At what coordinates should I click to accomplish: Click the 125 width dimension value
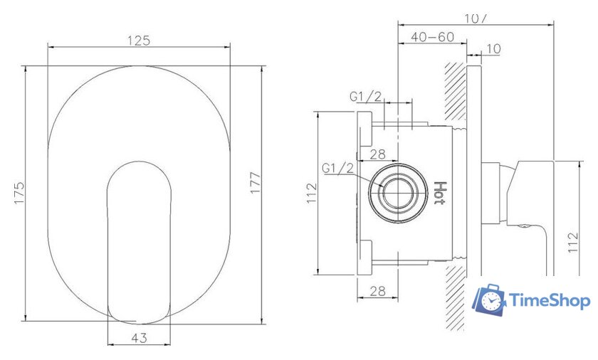click(139, 41)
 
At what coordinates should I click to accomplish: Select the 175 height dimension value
click(19, 194)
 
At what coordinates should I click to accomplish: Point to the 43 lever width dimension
click(139, 339)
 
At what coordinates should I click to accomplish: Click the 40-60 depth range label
click(433, 37)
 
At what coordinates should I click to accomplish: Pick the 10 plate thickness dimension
click(493, 49)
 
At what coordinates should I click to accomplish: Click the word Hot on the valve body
click(440, 192)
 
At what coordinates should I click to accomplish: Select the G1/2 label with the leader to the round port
click(337, 168)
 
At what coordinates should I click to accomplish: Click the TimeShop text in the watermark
click(550, 301)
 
